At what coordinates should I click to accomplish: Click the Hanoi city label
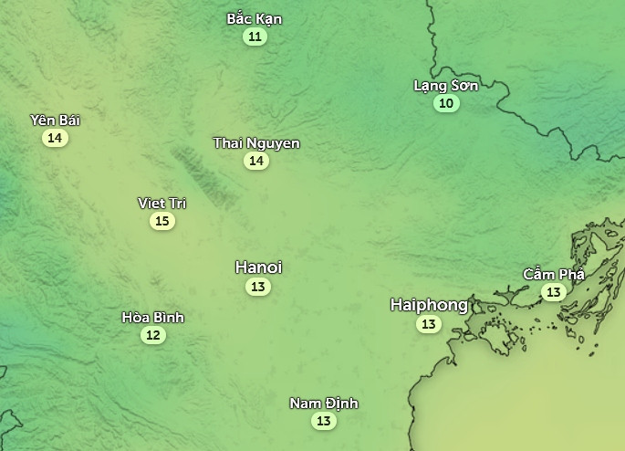[x=258, y=267]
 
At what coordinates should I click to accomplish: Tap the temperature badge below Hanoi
[x=258, y=287]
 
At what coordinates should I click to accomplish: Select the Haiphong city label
[x=428, y=305]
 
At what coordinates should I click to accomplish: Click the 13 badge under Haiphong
[x=428, y=324]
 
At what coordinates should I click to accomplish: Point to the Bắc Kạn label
[x=255, y=19]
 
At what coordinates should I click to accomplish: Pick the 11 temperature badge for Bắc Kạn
[x=255, y=37]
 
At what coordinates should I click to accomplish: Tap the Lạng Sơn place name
[x=446, y=86]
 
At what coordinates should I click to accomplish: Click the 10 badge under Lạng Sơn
[x=446, y=103]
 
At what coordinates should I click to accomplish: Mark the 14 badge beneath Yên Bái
[x=55, y=138]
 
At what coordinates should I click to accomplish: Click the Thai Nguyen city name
[x=256, y=143]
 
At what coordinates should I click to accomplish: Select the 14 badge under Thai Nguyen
[x=256, y=162]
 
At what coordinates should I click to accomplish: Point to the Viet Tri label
[x=161, y=203]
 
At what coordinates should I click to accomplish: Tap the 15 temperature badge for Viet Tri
[x=161, y=221]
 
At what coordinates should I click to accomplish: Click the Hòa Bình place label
[x=153, y=318]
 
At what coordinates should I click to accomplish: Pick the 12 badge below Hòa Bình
[x=153, y=335]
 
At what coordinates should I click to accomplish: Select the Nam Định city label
[x=324, y=404]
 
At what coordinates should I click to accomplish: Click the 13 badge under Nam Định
[x=324, y=421]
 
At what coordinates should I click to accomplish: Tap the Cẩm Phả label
[x=553, y=274]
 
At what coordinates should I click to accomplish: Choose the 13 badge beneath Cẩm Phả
[x=553, y=292]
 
